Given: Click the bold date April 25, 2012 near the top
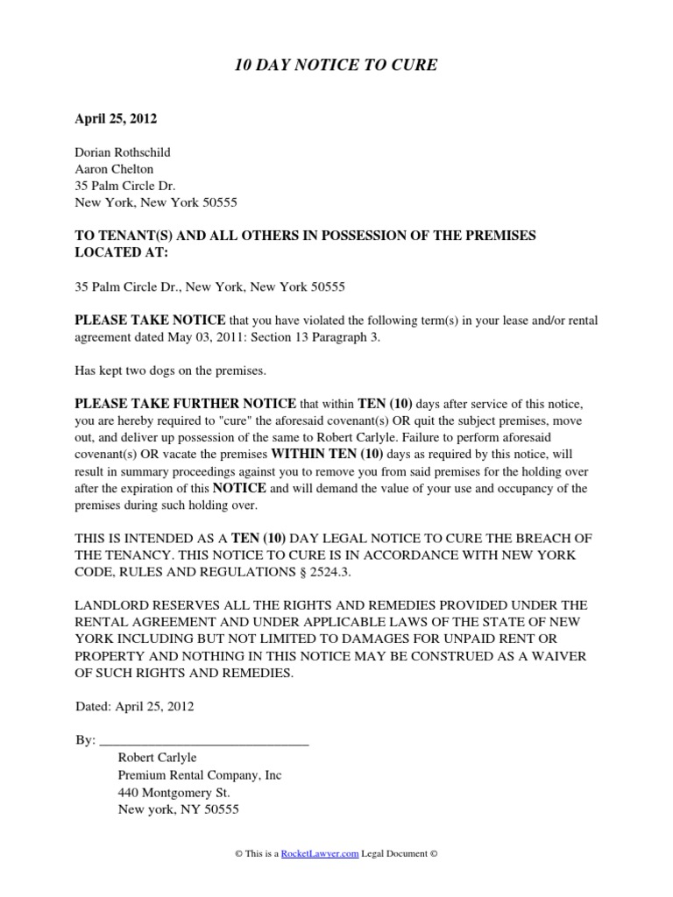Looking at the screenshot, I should point(110,117).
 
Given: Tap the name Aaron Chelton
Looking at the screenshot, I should point(114,169).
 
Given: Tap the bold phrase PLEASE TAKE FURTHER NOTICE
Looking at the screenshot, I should point(186,404).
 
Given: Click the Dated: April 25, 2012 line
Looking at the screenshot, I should point(134,706).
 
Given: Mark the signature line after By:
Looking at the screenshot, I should point(205,740).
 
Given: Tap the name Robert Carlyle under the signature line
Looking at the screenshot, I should point(157,758).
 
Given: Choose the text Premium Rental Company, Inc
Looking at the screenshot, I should point(200,775).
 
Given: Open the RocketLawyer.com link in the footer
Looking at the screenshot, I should point(320,853).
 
